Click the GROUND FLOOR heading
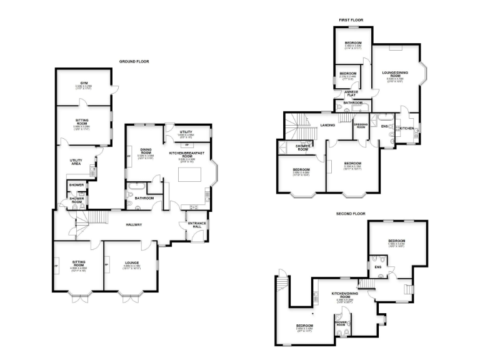(134, 61)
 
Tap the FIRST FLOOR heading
(351, 20)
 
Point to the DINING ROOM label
(146, 151)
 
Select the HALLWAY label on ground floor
(134, 224)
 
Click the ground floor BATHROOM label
(145, 198)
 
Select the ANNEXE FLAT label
(352, 93)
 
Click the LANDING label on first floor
(327, 125)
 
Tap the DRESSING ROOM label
(361, 126)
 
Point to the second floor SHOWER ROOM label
(341, 324)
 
